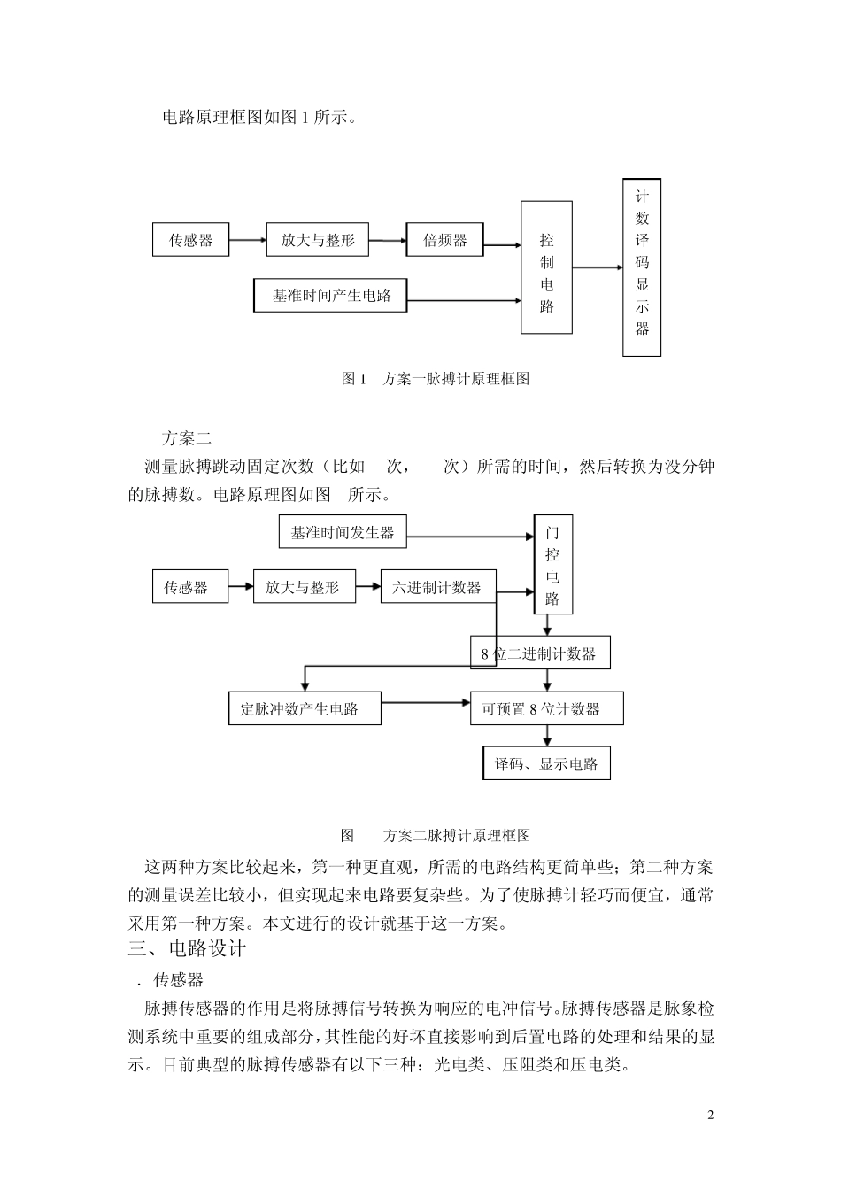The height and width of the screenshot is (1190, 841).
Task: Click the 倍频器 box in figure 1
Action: pos(444,240)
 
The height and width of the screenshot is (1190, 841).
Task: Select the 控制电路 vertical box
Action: pos(546,267)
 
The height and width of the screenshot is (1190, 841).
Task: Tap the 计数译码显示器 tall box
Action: pos(642,267)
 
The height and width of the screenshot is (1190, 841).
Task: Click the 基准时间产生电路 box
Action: pos(331,296)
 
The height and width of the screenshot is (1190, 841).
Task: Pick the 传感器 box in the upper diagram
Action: pos(190,240)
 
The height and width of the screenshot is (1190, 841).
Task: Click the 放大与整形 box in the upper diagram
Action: pos(317,240)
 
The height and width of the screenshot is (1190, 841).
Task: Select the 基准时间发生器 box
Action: pos(342,533)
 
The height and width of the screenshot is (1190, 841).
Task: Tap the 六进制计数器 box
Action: pos(437,587)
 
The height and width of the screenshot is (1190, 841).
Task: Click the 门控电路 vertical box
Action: pos(552,564)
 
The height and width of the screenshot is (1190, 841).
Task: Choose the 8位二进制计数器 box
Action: pos(540,653)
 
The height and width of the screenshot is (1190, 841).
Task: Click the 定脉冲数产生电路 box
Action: pos(305,709)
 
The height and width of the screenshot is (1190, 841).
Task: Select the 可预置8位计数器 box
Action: pos(546,709)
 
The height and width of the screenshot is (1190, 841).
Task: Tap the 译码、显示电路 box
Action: pos(546,763)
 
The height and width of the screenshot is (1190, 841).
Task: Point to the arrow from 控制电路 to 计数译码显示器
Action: pos(597,267)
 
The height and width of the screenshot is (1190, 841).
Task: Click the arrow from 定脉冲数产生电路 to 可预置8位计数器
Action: pos(425,703)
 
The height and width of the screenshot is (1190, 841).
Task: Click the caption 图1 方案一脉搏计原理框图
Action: pos(436,378)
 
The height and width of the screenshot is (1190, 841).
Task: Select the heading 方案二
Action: pos(186,437)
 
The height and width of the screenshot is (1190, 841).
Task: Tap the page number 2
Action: pos(710,1115)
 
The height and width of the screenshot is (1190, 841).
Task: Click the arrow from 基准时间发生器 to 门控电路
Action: pos(469,536)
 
